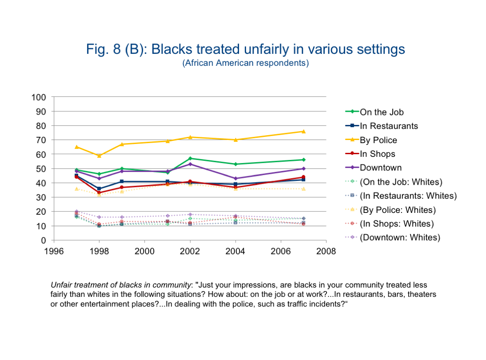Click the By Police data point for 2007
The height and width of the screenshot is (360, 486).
(x=304, y=131)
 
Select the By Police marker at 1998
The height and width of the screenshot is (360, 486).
(x=99, y=155)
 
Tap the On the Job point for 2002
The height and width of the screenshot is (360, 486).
(x=190, y=158)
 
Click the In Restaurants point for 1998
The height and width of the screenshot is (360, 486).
(x=99, y=189)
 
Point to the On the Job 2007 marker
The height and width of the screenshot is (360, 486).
(x=304, y=159)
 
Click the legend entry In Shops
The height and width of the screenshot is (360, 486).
(x=377, y=154)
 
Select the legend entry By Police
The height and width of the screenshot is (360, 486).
(x=378, y=140)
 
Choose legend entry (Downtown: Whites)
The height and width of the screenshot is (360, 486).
(x=400, y=237)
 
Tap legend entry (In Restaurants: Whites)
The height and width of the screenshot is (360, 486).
(x=408, y=195)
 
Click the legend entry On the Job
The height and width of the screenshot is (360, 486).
(x=382, y=112)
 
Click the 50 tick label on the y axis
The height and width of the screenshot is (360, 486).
(x=41, y=169)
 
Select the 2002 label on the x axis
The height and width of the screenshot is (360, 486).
(x=190, y=251)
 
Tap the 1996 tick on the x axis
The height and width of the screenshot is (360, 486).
(x=54, y=251)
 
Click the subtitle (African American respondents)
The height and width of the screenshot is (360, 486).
(x=245, y=63)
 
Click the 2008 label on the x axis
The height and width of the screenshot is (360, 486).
(x=326, y=251)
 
